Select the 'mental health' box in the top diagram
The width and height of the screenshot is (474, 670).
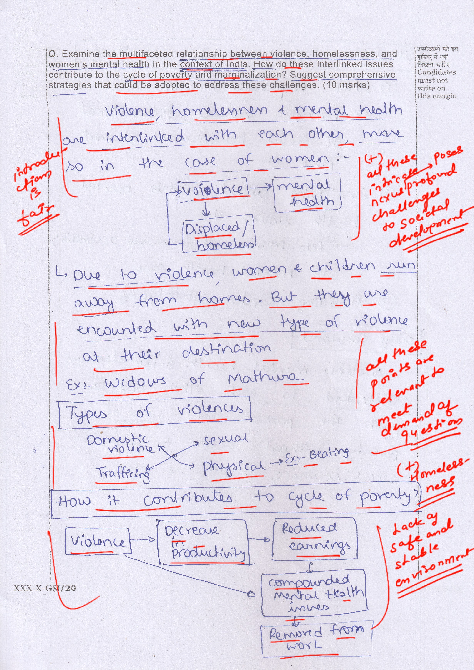pyautogui.click(x=307, y=193)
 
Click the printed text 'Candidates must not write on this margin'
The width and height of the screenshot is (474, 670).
pyautogui.click(x=436, y=84)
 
